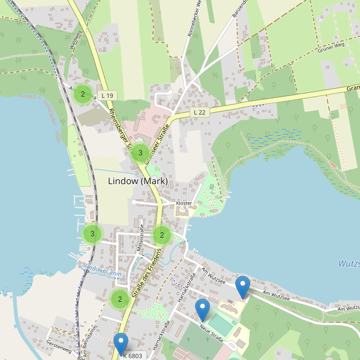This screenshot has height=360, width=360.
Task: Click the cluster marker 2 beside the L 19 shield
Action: point(83,94)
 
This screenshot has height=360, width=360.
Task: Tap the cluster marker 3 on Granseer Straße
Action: point(140,153)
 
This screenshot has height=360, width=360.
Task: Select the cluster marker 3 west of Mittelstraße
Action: point(92,234)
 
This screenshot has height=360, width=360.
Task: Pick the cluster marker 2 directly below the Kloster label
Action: point(162,235)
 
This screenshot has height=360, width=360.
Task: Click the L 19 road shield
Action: point(107,95)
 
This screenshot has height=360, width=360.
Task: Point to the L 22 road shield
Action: point(200,112)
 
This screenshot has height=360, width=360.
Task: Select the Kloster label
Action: point(184,203)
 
